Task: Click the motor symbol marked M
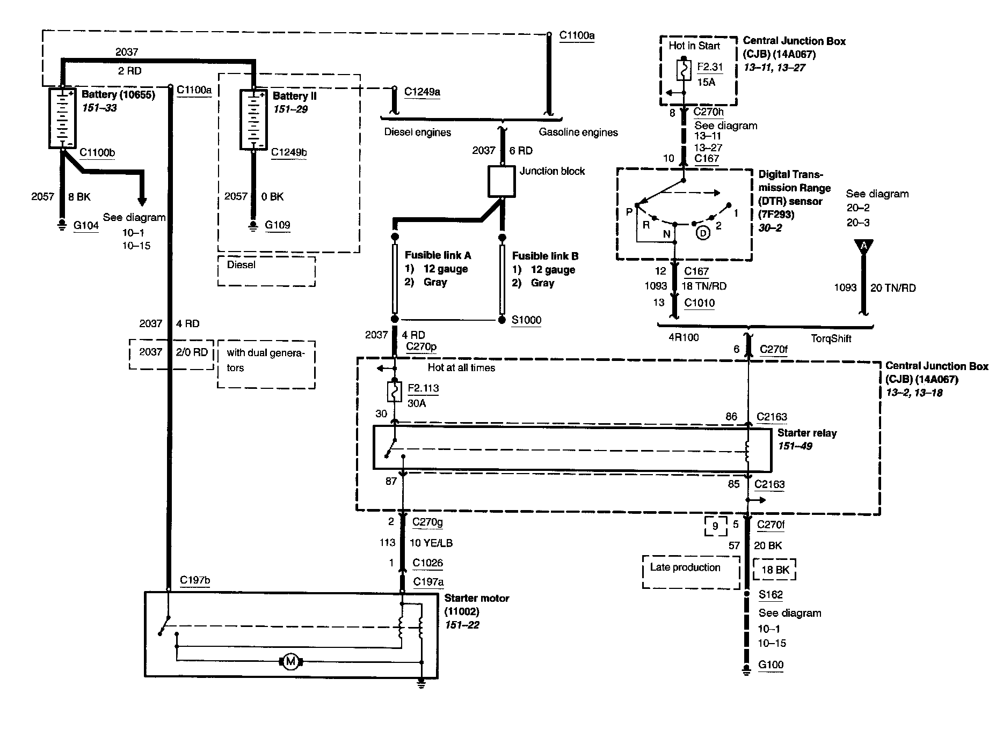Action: pos(290,661)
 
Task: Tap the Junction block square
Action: pos(501,181)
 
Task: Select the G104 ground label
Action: pos(86,225)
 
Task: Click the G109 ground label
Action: pos(277,225)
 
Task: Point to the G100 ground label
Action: pos(771,665)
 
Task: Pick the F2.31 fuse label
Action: pos(710,68)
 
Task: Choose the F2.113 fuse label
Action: pos(423,388)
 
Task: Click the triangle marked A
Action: pos(863,246)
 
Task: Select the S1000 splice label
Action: pos(526,320)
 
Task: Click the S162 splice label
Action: pos(771,595)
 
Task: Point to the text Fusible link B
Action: pos(545,256)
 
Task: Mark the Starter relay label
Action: pos(807,433)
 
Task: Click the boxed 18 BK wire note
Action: pos(775,570)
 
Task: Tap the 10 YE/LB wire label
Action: pos(431,543)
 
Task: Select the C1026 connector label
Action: pos(427,563)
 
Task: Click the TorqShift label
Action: pos(831,338)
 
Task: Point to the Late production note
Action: pos(685,567)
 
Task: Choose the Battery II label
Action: pos(294,97)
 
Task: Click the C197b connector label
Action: pos(195,580)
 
